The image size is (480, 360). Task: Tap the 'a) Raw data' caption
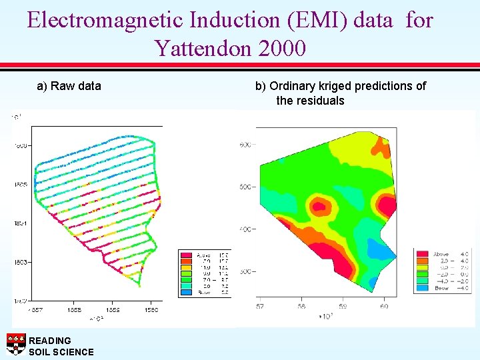(x=69, y=85)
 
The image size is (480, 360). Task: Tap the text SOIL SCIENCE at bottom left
(x=61, y=351)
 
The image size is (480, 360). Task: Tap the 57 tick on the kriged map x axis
(x=260, y=306)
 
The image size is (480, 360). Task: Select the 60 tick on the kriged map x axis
(x=384, y=306)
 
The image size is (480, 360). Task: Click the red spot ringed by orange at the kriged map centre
(x=319, y=207)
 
